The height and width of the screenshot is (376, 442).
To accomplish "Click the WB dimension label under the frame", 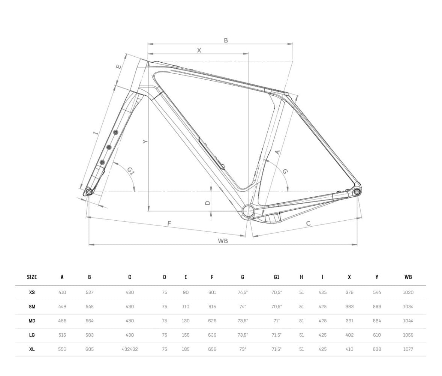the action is (223, 241).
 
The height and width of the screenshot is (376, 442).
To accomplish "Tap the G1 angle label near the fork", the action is (130, 171).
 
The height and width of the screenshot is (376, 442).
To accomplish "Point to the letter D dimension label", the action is (207, 203).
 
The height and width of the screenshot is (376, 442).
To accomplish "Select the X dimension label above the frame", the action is (199, 50).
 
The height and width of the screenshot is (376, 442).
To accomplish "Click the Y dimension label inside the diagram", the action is (145, 141).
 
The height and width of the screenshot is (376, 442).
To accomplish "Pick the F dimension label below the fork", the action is (169, 223).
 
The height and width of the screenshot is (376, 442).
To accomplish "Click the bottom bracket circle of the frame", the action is (248, 211).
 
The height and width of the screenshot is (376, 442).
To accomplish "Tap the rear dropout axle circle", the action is (357, 192).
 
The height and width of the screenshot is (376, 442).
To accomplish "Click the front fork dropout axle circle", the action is (89, 192).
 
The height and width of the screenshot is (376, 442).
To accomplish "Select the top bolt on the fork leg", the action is (115, 132).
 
